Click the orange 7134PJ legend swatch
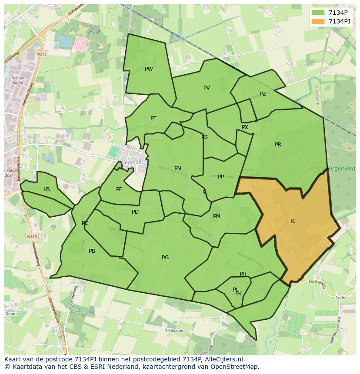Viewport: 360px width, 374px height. coord(318,22)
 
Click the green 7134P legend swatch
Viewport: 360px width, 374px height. coord(318,13)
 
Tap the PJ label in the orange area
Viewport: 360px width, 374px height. coord(293,221)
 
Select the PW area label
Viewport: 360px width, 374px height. coord(149,69)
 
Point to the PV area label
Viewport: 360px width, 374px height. coord(207,88)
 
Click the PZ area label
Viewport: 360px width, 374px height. coord(263,94)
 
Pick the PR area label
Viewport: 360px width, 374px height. coord(278,145)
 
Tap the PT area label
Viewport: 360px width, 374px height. coord(153,119)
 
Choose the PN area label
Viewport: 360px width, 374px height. coord(178,169)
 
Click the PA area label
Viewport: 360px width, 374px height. coord(47,189)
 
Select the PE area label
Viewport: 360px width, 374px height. coord(119,189)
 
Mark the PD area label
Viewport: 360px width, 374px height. coord(135,212)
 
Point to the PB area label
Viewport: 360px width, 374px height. coord(92,251)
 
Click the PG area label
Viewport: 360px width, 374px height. coord(165,258)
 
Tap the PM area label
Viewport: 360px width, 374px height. coord(217,216)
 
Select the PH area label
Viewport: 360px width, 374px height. coord(243,274)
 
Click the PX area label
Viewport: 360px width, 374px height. coord(245,127)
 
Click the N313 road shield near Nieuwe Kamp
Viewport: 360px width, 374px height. coord(42,54)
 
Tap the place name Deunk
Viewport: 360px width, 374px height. coord(11,314)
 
